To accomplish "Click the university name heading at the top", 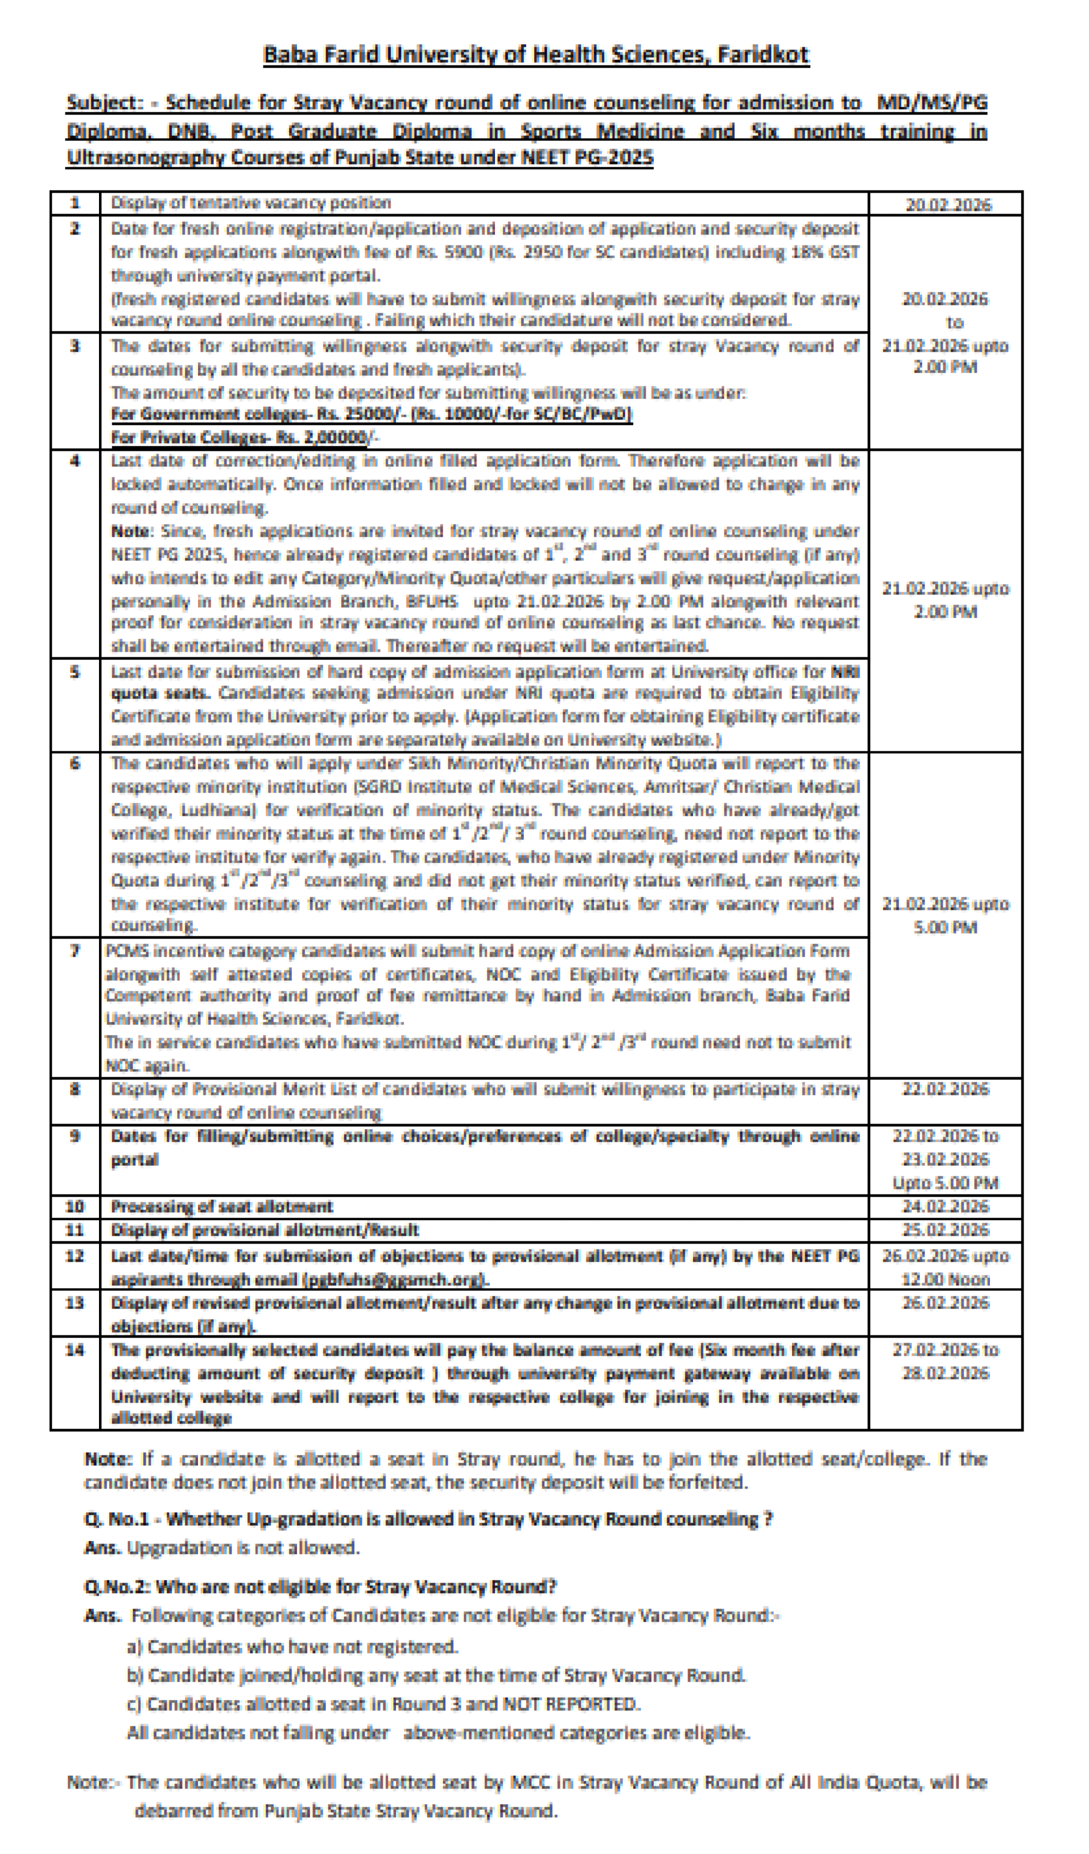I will (536, 55).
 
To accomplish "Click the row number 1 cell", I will (75, 203).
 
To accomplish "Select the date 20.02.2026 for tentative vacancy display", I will (947, 205).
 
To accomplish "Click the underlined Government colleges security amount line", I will (371, 415).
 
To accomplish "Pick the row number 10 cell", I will (75, 1207).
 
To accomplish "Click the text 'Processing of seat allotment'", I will (222, 1207).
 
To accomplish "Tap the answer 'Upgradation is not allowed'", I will (243, 1547).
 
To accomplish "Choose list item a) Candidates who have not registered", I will (293, 1646).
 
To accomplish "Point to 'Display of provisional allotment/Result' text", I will (265, 1230).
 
